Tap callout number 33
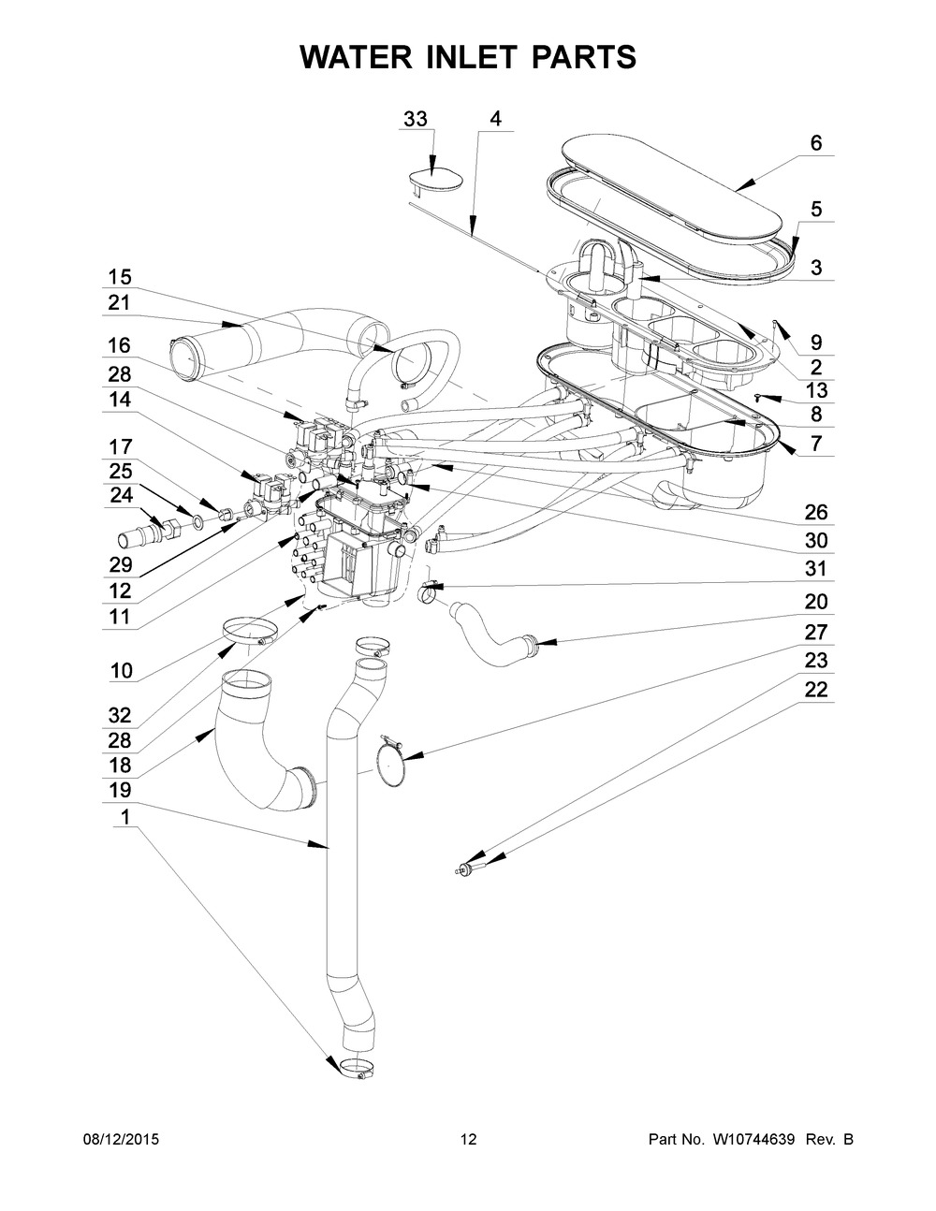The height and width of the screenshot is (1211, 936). tap(416, 119)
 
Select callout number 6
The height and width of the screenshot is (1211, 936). tap(816, 143)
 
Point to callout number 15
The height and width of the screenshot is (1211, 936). tap(120, 277)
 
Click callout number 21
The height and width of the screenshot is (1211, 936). tap(120, 303)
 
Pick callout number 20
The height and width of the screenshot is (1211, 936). tap(816, 602)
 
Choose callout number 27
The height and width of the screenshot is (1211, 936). tap(816, 632)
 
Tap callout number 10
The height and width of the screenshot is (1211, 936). tap(122, 671)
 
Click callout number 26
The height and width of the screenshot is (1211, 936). tap(816, 512)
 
